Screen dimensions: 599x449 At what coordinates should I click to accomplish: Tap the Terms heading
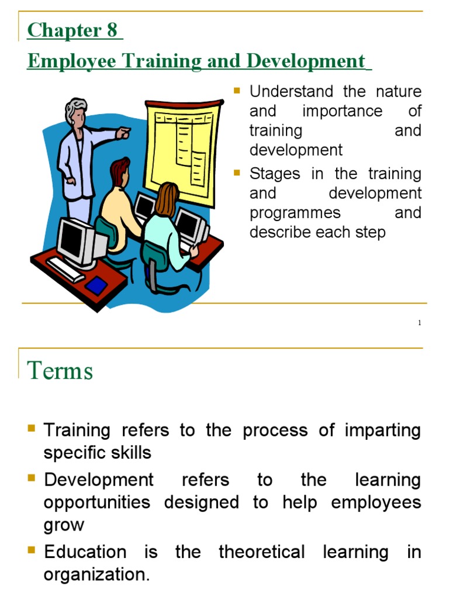(x=60, y=371)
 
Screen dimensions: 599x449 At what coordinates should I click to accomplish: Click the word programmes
(x=295, y=213)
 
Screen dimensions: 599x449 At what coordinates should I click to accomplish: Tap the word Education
(x=85, y=552)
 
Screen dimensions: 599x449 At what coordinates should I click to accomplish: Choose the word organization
(x=96, y=574)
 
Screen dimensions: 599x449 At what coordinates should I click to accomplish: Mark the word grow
(x=64, y=525)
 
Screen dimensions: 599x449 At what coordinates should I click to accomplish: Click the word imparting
(x=383, y=430)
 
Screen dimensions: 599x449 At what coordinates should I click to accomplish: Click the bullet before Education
(x=32, y=549)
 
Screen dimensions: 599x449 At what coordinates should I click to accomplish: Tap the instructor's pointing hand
(x=123, y=134)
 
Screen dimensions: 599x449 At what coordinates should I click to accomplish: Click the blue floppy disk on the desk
(x=96, y=285)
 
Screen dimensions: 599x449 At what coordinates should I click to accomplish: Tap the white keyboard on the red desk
(x=65, y=269)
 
